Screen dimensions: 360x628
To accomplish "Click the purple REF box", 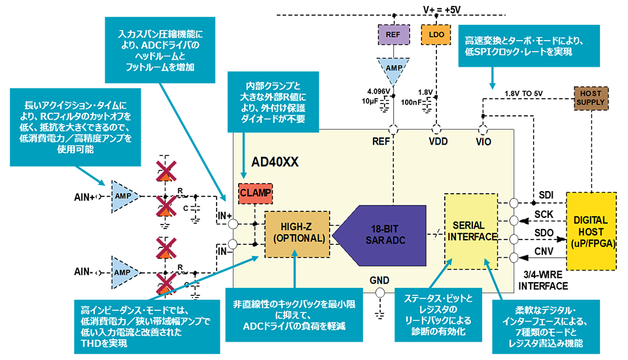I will click(x=393, y=33).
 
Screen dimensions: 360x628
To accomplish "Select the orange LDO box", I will click(x=435, y=33).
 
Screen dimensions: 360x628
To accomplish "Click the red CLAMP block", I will click(x=254, y=193).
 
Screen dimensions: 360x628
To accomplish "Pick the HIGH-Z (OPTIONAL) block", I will click(x=295, y=233).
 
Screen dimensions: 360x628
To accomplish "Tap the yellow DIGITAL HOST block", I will click(x=591, y=230).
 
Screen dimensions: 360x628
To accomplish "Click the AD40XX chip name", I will click(x=275, y=162).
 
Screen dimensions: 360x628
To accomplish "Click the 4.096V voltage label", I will click(x=377, y=92).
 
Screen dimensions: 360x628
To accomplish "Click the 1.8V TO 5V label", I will click(x=525, y=94).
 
